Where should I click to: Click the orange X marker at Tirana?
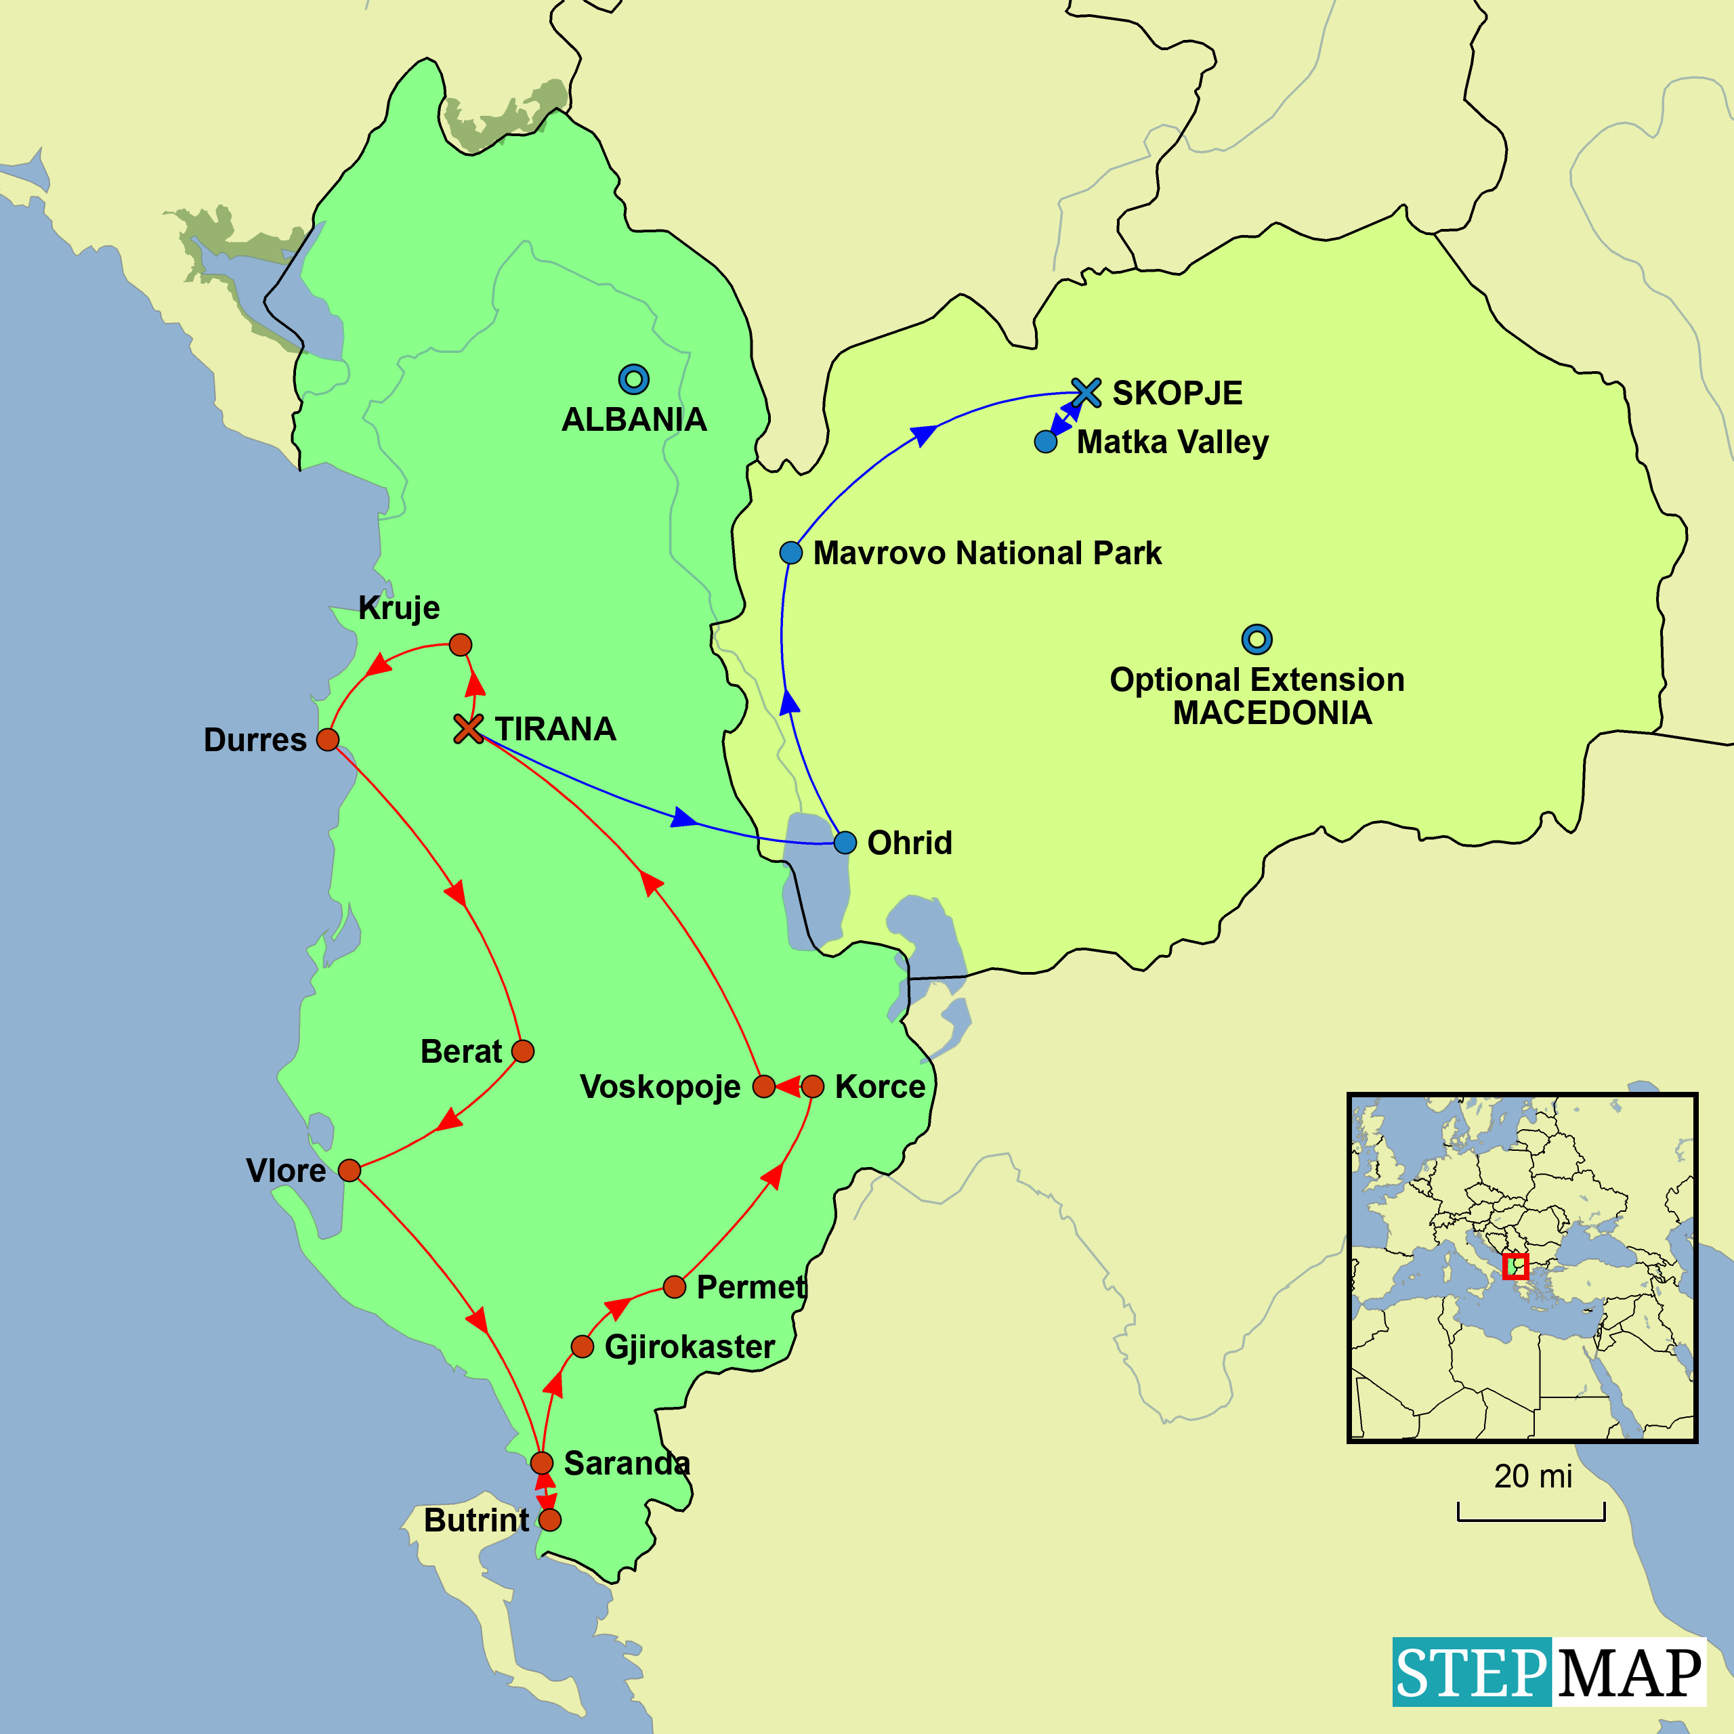(467, 728)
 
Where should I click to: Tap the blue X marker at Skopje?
(1086, 392)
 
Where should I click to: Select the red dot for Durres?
(328, 740)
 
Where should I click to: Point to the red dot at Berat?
(522, 1051)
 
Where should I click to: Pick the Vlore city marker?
(349, 1170)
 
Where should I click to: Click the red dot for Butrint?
(550, 1519)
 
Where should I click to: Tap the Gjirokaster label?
(690, 1347)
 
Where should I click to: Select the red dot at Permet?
(674, 1287)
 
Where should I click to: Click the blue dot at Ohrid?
(845, 843)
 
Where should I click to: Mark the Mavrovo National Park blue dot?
(790, 553)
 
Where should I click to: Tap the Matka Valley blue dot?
(1046, 442)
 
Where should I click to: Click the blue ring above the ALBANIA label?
(633, 379)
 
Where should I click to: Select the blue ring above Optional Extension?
(1256, 639)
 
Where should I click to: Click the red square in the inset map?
(1515, 1267)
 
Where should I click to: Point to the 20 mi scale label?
(1533, 1477)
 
